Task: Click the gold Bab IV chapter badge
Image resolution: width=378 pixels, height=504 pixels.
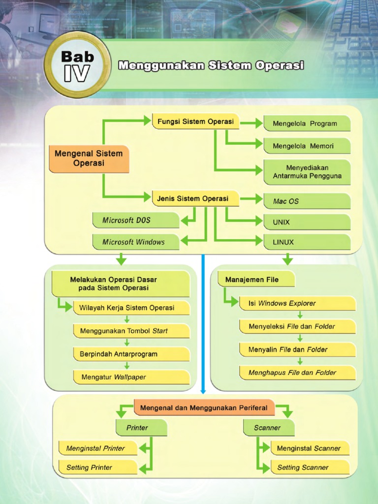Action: pyautogui.click(x=77, y=66)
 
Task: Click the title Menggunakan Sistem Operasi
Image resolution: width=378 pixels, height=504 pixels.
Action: pyautogui.click(x=211, y=65)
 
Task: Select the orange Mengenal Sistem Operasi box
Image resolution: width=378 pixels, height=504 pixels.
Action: pyautogui.click(x=89, y=158)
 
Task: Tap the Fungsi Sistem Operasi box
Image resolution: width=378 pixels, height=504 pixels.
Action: pyautogui.click(x=195, y=122)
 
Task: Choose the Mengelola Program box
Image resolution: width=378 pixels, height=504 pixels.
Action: pyautogui.click(x=307, y=124)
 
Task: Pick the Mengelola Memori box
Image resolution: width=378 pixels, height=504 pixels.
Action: pyautogui.click(x=307, y=146)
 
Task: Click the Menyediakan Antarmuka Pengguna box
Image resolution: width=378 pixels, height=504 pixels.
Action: pyautogui.click(x=307, y=172)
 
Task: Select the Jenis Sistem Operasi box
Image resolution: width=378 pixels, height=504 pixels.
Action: pyautogui.click(x=195, y=199)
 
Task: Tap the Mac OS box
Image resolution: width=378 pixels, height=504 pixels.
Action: pyautogui.click(x=307, y=201)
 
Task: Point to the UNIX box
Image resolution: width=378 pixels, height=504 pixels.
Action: pyautogui.click(x=307, y=222)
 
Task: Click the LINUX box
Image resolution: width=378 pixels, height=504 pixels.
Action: pyautogui.click(x=307, y=242)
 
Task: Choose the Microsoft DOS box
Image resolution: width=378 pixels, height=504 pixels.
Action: pyautogui.click(x=135, y=220)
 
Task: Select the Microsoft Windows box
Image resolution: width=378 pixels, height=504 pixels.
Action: pyautogui.click(x=135, y=242)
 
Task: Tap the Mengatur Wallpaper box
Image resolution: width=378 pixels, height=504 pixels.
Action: pyautogui.click(x=131, y=378)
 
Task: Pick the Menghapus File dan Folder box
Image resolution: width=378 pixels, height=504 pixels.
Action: pyautogui.click(x=297, y=373)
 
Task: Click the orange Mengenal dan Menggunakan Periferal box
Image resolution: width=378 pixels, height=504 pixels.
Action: pyautogui.click(x=204, y=408)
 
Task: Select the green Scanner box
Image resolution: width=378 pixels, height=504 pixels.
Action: pyautogui.click(x=268, y=428)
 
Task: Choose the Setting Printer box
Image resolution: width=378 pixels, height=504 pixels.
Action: pyautogui.click(x=97, y=468)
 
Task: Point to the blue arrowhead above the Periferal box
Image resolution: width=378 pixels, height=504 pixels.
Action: pyautogui.click(x=203, y=391)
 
